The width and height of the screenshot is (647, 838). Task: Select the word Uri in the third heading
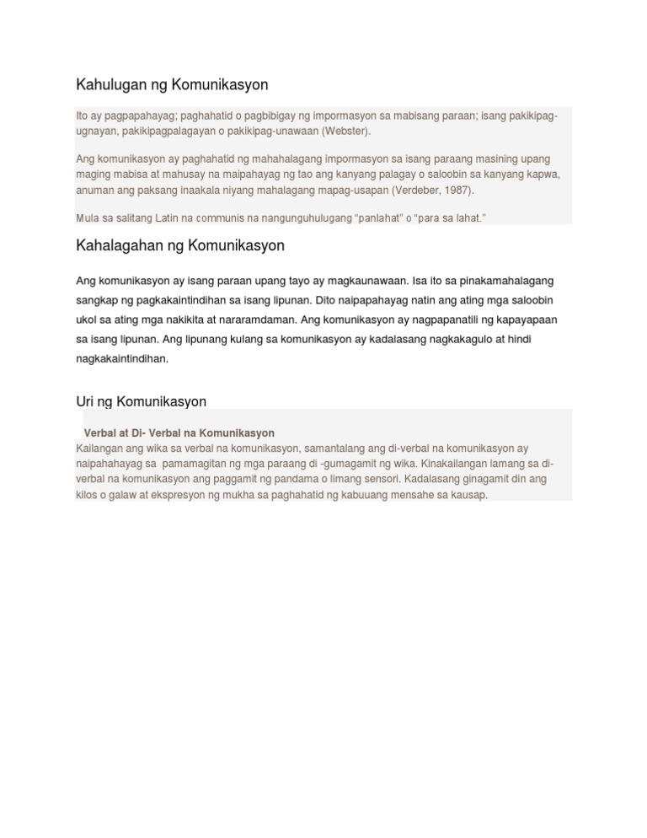[85, 401]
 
